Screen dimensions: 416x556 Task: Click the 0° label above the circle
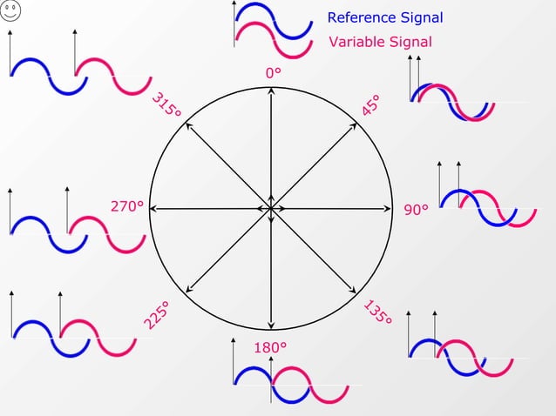(x=273, y=74)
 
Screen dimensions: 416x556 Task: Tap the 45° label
(x=370, y=105)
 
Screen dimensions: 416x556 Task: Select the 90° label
(x=417, y=210)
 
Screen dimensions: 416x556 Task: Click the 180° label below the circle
(x=270, y=348)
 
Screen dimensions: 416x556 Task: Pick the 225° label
(x=156, y=315)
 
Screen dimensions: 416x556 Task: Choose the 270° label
(x=126, y=207)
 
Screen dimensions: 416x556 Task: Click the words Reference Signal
(x=384, y=17)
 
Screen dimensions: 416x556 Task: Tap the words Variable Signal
(x=380, y=42)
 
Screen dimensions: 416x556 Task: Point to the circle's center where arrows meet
(x=270, y=209)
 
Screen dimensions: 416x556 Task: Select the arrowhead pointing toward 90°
(x=386, y=209)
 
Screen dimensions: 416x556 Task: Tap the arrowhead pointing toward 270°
(x=154, y=209)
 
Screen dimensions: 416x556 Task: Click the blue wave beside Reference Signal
(x=274, y=19)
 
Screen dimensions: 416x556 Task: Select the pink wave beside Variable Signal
(x=274, y=40)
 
